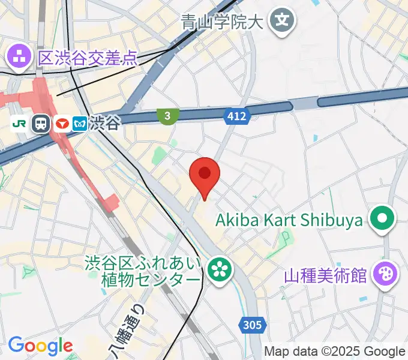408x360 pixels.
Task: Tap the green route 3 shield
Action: [167, 115]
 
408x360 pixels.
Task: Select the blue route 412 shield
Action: [237, 116]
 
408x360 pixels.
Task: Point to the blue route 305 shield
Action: [253, 325]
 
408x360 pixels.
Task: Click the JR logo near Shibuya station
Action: [19, 124]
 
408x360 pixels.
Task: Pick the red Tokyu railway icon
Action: [61, 124]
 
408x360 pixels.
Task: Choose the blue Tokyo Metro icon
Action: [80, 124]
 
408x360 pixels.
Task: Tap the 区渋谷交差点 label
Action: [88, 58]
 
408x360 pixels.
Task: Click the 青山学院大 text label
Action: [222, 23]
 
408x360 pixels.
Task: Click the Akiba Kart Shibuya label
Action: [289, 220]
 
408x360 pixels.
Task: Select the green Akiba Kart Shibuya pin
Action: [382, 219]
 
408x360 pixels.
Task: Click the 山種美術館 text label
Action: [325, 275]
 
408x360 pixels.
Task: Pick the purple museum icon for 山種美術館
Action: [385, 274]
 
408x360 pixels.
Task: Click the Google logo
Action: [40, 346]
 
